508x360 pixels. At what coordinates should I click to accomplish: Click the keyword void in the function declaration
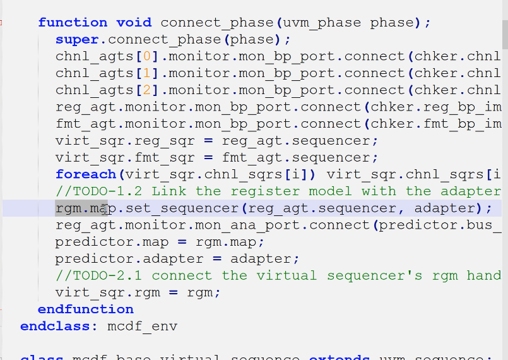tap(134, 23)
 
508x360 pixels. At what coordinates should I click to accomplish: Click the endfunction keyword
tap(85, 309)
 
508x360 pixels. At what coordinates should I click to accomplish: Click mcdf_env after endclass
tap(143, 327)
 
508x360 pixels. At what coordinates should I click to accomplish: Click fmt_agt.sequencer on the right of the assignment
tap(300, 157)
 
